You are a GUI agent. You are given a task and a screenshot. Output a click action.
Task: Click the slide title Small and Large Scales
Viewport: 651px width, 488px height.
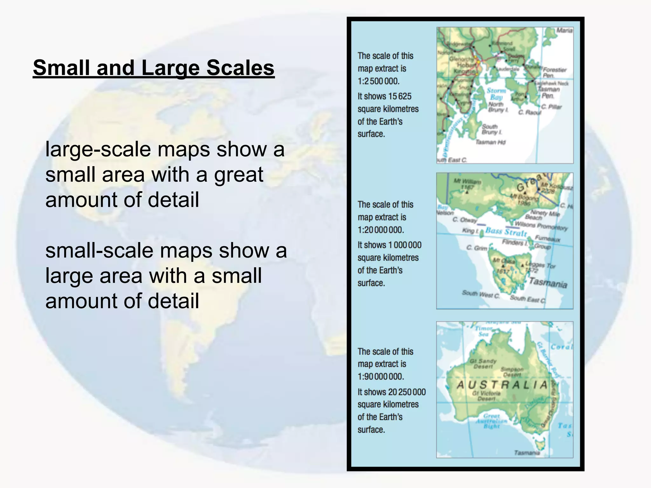pyautogui.click(x=154, y=68)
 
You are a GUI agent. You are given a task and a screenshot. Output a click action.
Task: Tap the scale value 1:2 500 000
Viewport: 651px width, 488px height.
pyautogui.click(x=378, y=81)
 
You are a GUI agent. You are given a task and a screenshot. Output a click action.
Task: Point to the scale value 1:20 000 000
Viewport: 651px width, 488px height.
pyautogui.click(x=380, y=230)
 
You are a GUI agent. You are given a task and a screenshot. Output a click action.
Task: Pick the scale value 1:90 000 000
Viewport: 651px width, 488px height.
pyautogui.click(x=380, y=377)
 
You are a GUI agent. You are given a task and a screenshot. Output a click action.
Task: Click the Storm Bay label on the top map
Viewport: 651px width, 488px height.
pyautogui.click(x=496, y=94)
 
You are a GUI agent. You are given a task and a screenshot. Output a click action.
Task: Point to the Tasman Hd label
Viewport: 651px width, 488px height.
pyautogui.click(x=490, y=142)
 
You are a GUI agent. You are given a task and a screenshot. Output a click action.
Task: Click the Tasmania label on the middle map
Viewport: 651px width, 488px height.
pyautogui.click(x=548, y=282)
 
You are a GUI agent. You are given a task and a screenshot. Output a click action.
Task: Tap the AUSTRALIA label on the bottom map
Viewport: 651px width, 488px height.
pyautogui.click(x=502, y=385)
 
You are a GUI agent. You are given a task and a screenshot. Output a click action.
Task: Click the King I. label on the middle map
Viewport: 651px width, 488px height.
pyautogui.click(x=470, y=231)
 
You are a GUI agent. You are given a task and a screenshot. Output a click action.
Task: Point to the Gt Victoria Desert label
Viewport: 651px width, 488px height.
pyautogui.click(x=486, y=396)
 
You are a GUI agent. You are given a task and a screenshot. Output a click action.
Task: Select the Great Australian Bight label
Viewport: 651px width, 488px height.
pyautogui.click(x=491, y=421)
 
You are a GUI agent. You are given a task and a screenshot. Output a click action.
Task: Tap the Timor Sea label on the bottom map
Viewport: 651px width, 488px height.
pyautogui.click(x=483, y=331)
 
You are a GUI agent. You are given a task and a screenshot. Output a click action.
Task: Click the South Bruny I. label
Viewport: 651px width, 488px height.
pyautogui.click(x=491, y=129)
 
